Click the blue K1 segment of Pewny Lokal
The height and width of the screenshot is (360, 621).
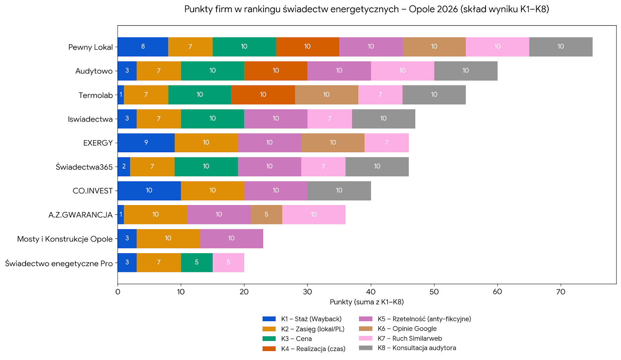coord(143,47)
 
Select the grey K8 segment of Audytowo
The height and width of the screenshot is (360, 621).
coord(466,71)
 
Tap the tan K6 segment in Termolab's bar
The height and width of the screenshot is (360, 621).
coord(326,95)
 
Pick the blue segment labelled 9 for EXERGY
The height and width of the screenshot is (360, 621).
coord(146,143)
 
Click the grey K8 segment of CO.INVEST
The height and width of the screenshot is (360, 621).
coord(339,190)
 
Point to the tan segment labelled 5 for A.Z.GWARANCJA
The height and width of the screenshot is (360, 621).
coord(266,214)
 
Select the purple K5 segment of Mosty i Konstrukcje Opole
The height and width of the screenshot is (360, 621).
coord(231,238)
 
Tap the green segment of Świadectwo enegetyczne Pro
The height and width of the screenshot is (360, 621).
coord(197,263)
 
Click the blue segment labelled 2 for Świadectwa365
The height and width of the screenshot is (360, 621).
coord(124,167)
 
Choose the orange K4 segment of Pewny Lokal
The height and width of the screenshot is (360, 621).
coord(307,47)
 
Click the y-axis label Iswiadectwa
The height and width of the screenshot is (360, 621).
coord(90,119)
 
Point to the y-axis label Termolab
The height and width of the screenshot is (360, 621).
coord(95,95)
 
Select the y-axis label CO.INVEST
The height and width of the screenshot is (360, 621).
coord(92,191)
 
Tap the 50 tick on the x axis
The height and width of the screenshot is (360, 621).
coord(434,292)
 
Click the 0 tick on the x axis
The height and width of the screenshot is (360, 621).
coord(118,292)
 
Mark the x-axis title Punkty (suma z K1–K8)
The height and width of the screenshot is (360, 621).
coord(367,302)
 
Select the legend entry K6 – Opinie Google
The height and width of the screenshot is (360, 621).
coord(407,329)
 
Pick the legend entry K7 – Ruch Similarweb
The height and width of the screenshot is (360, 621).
coord(409,338)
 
